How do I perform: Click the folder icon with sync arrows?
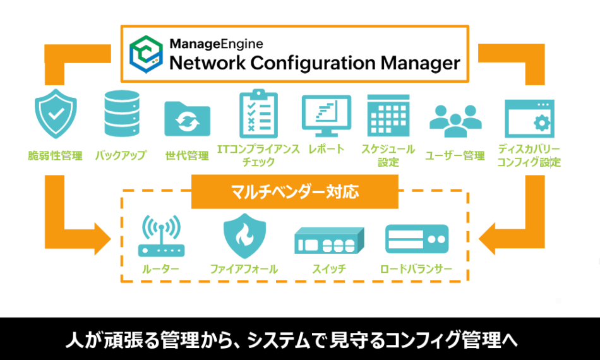(186, 118)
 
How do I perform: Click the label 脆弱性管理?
(55, 156)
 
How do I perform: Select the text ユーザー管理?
(455, 156)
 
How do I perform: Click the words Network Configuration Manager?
(314, 63)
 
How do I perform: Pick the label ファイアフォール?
(244, 270)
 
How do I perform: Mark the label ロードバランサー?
(416, 270)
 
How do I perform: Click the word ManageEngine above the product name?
(216, 44)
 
